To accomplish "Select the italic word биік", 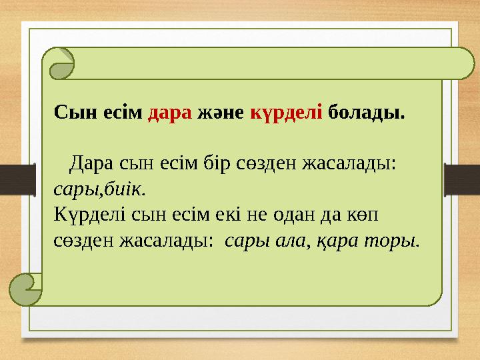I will (x=125, y=189).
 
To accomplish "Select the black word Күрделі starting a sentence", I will (x=83, y=215).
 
